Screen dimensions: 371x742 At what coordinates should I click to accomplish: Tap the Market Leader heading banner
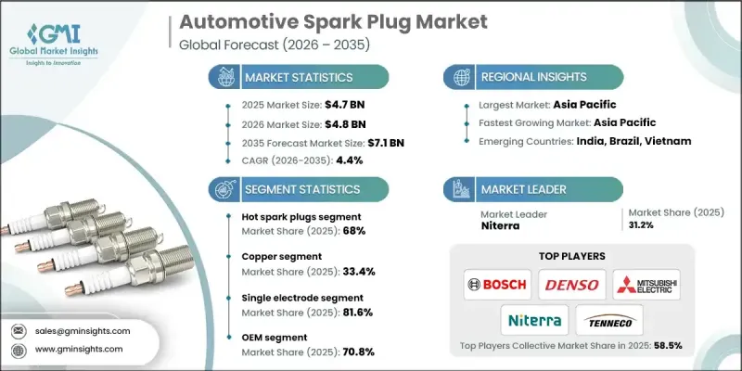tap(518, 188)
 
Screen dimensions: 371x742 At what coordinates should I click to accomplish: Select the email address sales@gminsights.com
tap(84, 330)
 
